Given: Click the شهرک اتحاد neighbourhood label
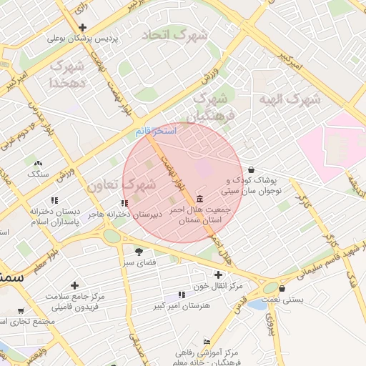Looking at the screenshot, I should pyautogui.click(x=174, y=34).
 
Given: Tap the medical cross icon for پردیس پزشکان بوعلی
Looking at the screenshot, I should pyautogui.click(x=83, y=27).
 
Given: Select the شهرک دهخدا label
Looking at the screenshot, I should pyautogui.click(x=66, y=74).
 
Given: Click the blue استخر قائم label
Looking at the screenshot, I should pyautogui.click(x=155, y=132).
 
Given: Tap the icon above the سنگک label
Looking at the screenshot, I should pyautogui.click(x=38, y=163).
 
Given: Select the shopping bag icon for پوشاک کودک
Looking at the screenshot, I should pyautogui.click(x=250, y=169).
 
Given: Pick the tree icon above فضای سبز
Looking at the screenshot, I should pyautogui.click(x=138, y=251).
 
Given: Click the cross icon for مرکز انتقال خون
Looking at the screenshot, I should pyautogui.click(x=219, y=274).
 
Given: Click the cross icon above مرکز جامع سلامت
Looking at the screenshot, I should pyautogui.click(x=74, y=285).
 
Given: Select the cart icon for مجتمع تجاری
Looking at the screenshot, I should pyautogui.click(x=21, y=311).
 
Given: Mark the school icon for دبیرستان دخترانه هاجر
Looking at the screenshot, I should pyautogui.click(x=124, y=203).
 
